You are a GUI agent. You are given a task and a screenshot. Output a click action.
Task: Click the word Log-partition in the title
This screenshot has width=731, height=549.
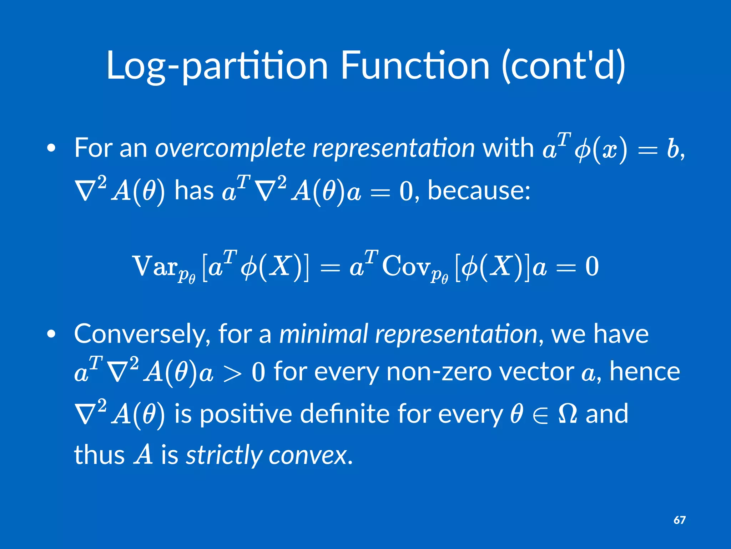pyautogui.click(x=217, y=66)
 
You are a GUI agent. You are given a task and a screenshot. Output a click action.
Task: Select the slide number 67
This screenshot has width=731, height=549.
pyautogui.click(x=679, y=520)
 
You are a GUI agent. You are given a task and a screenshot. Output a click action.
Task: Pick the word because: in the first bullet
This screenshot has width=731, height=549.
pyautogui.click(x=479, y=190)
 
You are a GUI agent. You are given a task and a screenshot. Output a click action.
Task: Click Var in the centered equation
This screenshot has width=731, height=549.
pyautogui.click(x=155, y=266)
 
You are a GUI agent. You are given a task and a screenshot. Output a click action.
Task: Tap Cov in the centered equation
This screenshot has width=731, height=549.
pyautogui.click(x=405, y=266)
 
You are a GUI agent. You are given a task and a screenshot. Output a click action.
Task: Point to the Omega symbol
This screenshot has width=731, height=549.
pyautogui.click(x=567, y=414)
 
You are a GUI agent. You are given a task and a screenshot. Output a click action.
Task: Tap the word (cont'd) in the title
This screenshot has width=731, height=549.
pyautogui.click(x=563, y=66)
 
